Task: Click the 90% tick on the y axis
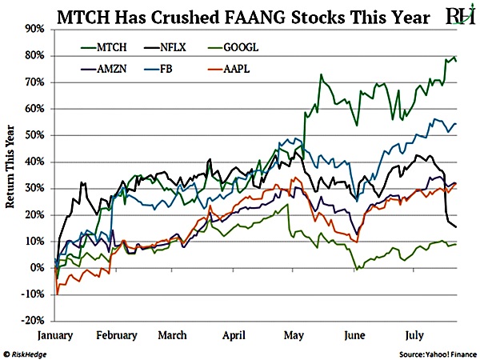tap(34, 29)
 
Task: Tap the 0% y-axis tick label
tap(38, 267)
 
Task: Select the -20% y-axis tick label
tap(33, 320)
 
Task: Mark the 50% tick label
tap(34, 135)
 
